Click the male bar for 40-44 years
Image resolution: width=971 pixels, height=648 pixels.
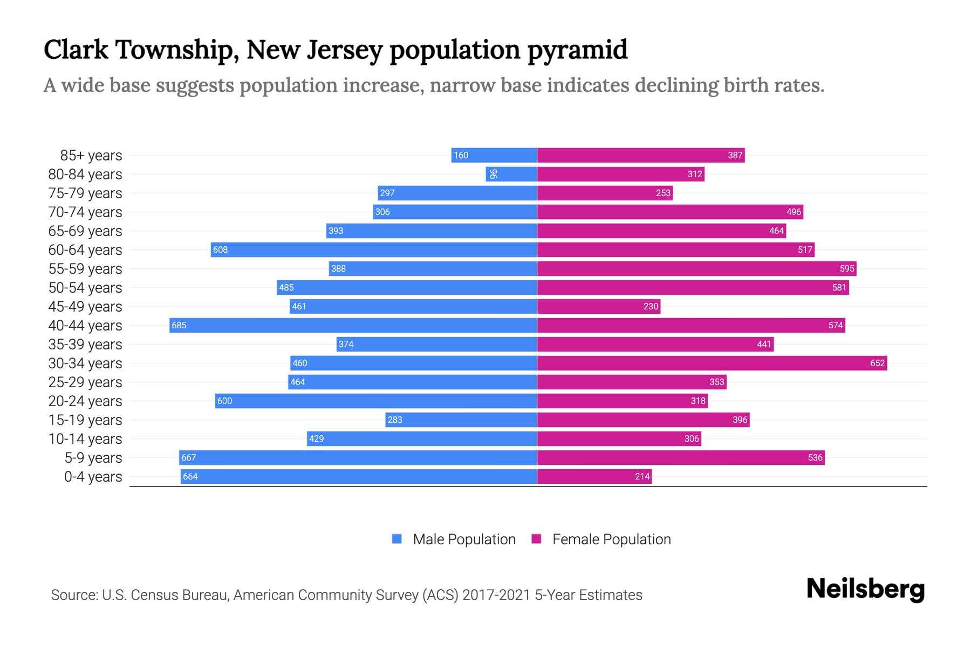(353, 325)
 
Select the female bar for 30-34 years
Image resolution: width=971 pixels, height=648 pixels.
(712, 363)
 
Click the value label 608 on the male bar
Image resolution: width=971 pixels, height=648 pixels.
(220, 249)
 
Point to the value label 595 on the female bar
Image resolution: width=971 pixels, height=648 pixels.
(847, 268)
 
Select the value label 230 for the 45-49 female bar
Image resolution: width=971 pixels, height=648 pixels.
(651, 306)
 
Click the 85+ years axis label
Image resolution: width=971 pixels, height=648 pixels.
(91, 156)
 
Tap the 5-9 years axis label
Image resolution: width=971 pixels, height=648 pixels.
(93, 458)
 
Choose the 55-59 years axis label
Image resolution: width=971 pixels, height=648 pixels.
(85, 269)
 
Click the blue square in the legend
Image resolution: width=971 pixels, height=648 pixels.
(397, 539)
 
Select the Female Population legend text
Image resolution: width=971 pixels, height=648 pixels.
(611, 539)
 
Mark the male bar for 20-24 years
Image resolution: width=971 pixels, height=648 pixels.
(376, 401)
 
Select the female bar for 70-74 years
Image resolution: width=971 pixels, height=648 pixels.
(670, 212)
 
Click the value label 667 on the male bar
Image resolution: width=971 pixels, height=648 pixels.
(188, 457)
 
